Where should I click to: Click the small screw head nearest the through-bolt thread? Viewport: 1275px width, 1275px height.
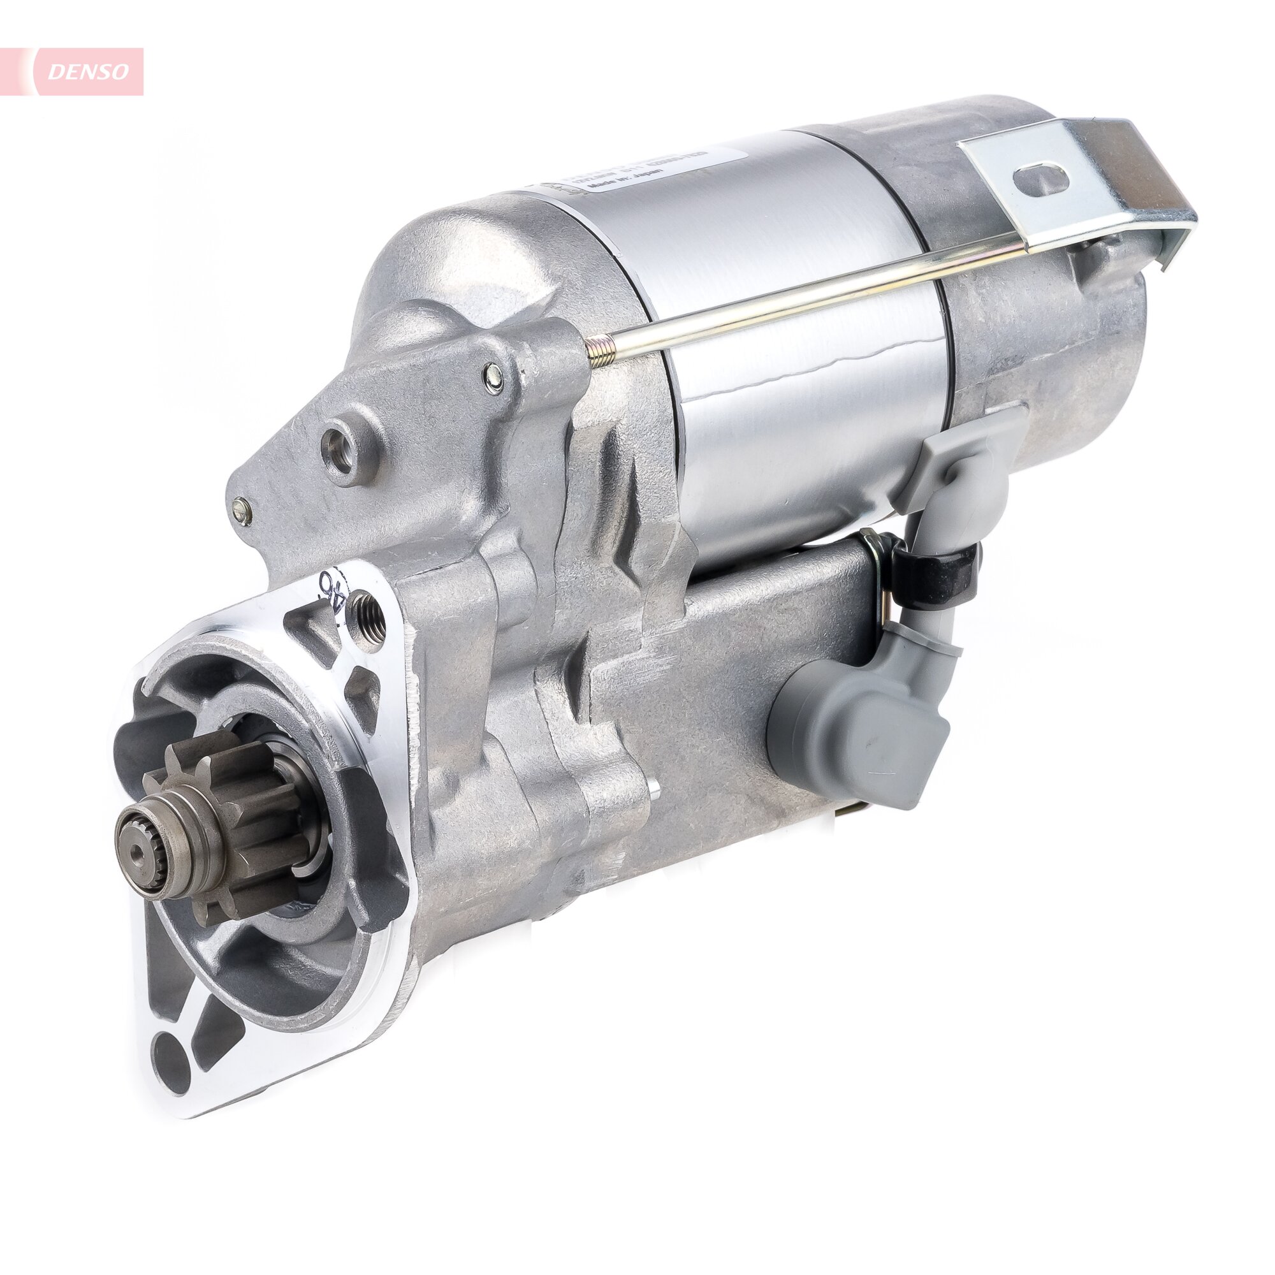coord(492,374)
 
